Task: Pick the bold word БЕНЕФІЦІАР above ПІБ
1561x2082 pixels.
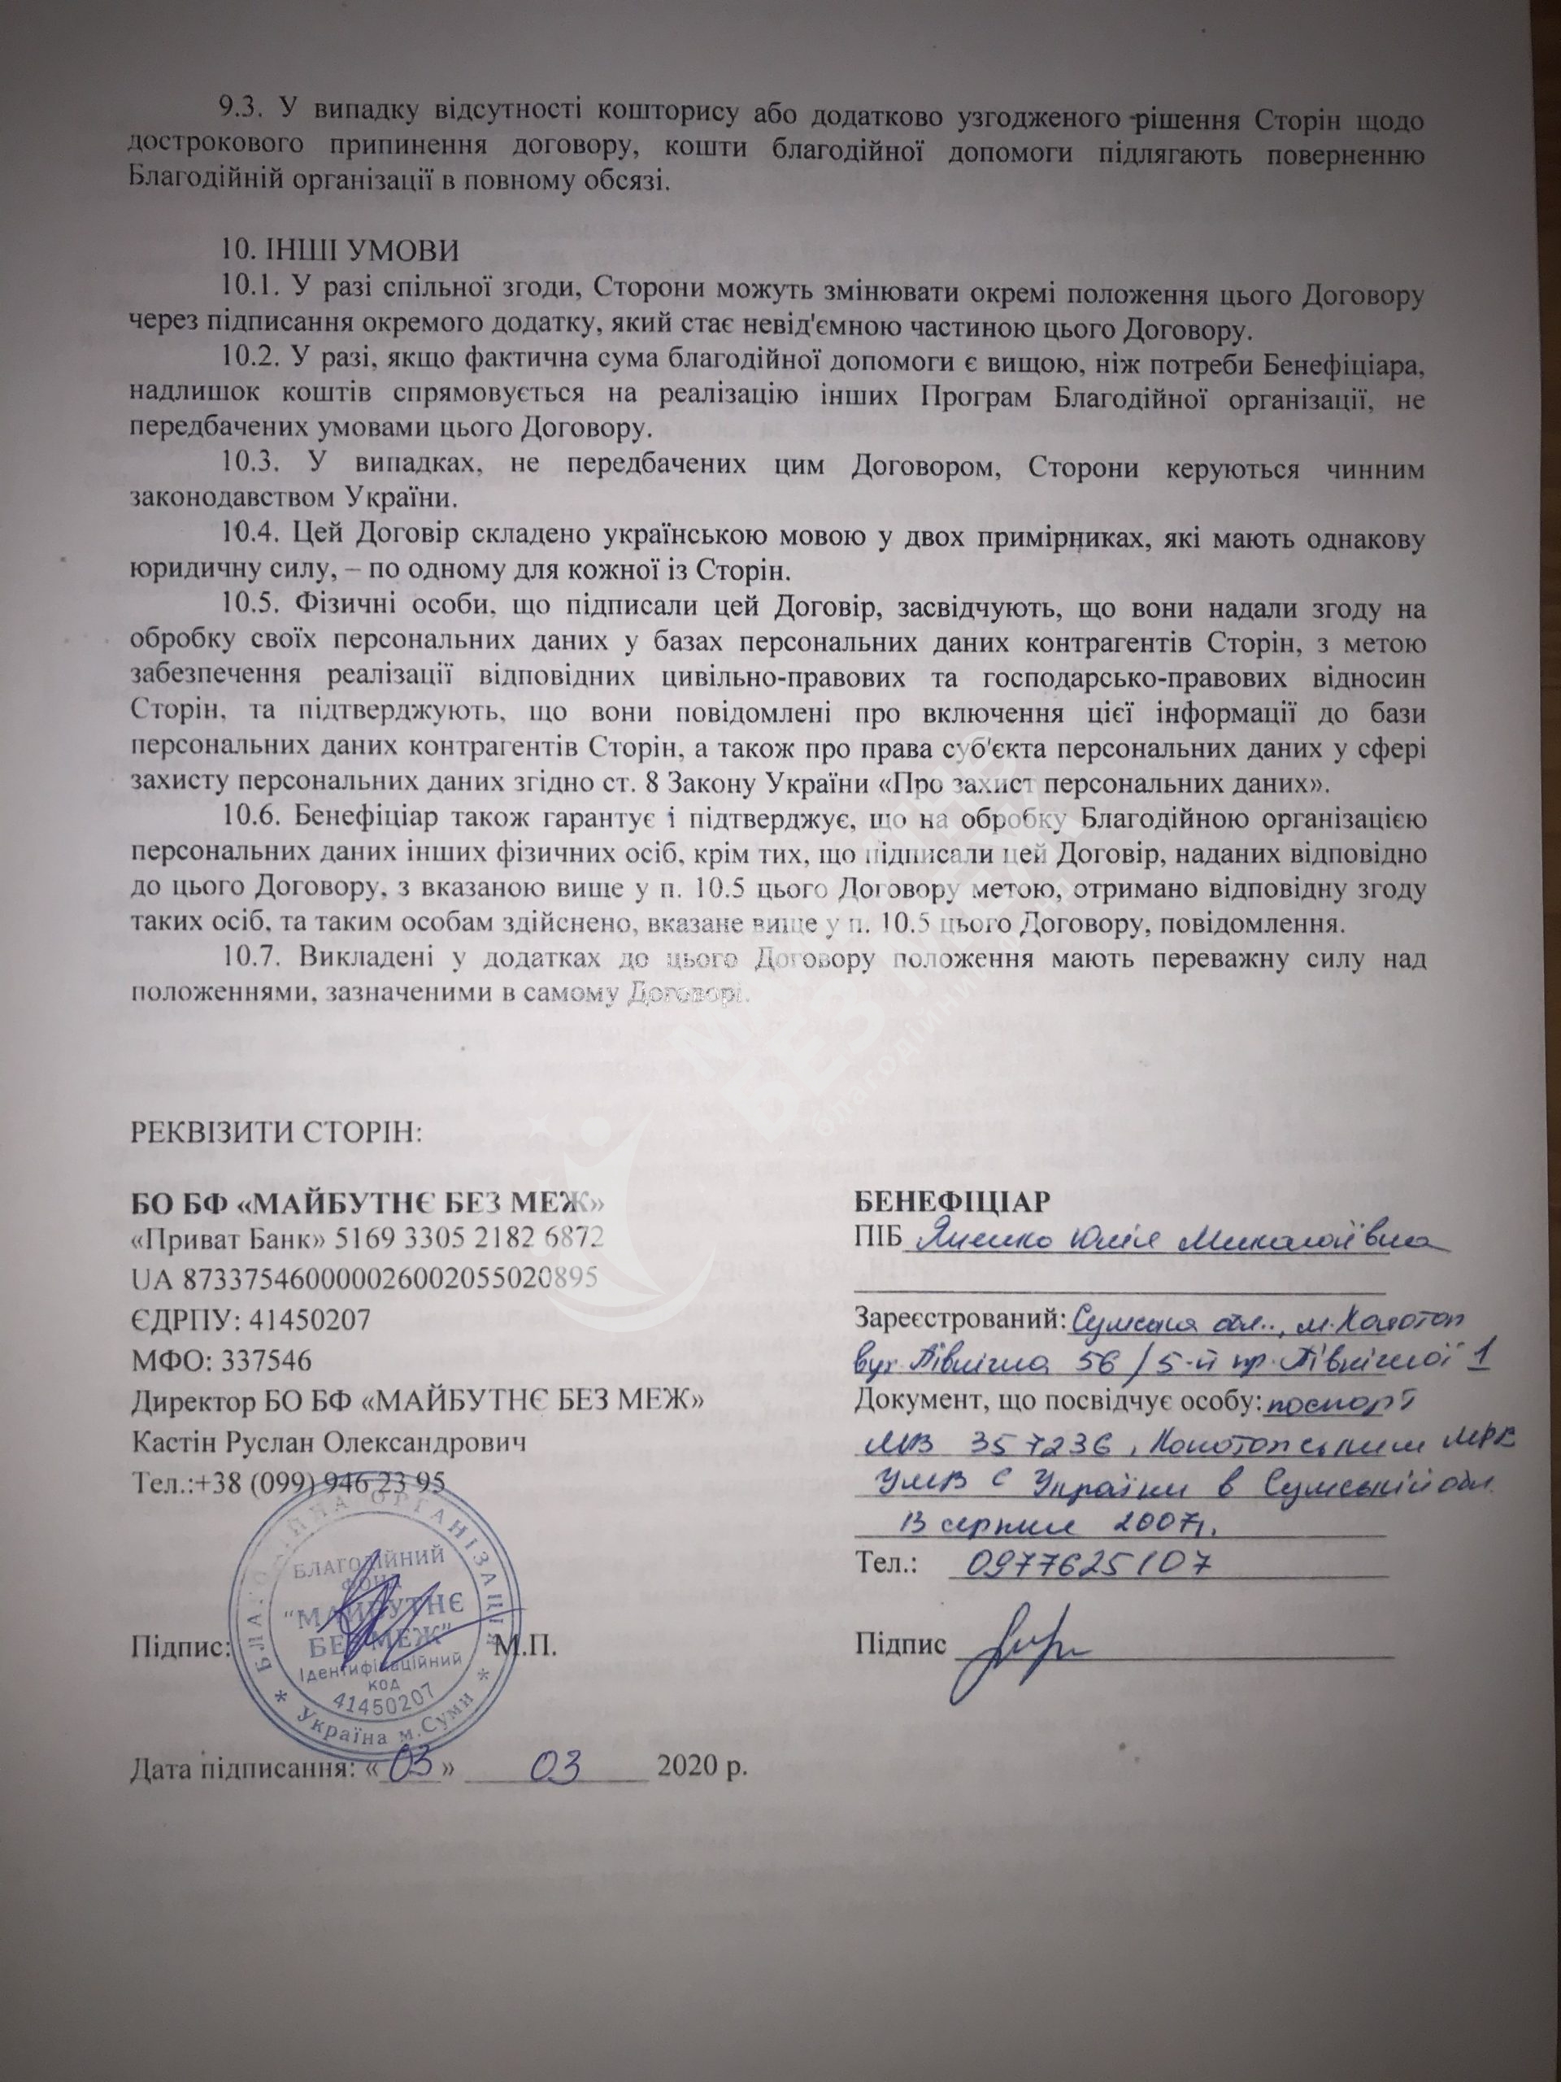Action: pyautogui.click(x=951, y=1204)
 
